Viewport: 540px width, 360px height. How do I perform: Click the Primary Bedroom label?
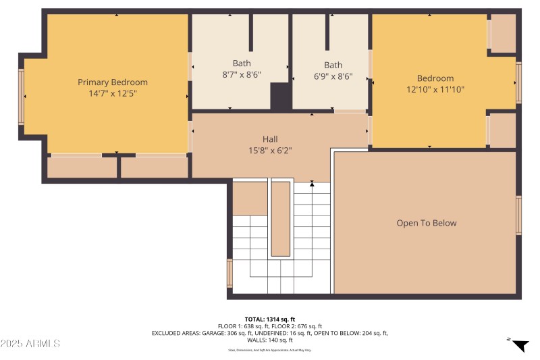(x=112, y=82)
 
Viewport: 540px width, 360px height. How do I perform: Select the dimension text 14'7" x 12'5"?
(x=112, y=93)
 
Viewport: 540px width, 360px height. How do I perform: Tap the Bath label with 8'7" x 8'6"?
(x=241, y=63)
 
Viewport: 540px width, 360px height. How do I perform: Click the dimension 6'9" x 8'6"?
(x=333, y=76)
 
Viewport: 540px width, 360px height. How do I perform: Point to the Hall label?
(x=270, y=139)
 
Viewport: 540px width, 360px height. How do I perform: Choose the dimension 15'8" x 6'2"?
(x=270, y=151)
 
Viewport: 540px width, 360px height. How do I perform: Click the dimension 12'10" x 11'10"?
(x=435, y=89)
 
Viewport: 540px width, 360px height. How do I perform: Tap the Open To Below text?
(x=426, y=223)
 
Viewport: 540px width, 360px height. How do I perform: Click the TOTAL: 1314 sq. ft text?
(x=270, y=319)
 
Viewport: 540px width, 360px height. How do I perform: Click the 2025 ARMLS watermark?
(x=30, y=344)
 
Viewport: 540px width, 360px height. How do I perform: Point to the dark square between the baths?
(x=281, y=97)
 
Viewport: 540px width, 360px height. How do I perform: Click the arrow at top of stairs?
(x=312, y=183)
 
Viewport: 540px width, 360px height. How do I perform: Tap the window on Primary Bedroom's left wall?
(x=22, y=97)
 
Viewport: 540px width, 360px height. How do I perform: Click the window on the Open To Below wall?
(x=518, y=215)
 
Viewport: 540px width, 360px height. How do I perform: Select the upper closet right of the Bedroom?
(x=502, y=34)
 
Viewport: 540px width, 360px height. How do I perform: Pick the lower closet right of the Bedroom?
(x=502, y=130)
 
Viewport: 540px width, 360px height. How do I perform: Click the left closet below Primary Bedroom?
(x=82, y=168)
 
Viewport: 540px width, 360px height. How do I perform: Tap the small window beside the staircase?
(x=230, y=273)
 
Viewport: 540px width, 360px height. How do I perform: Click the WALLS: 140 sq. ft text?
(x=270, y=340)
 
